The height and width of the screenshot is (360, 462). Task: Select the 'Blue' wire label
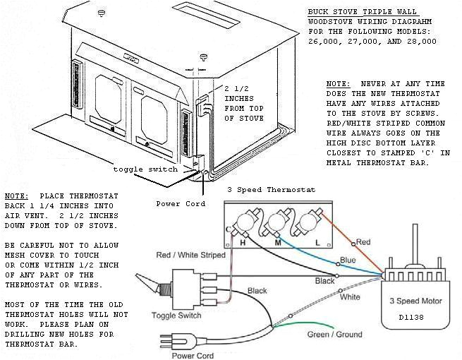(348, 260)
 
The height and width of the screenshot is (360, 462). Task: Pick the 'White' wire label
(350, 297)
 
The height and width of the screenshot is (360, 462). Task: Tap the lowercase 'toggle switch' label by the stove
(146, 169)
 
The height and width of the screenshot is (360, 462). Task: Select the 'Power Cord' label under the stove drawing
(181, 203)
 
